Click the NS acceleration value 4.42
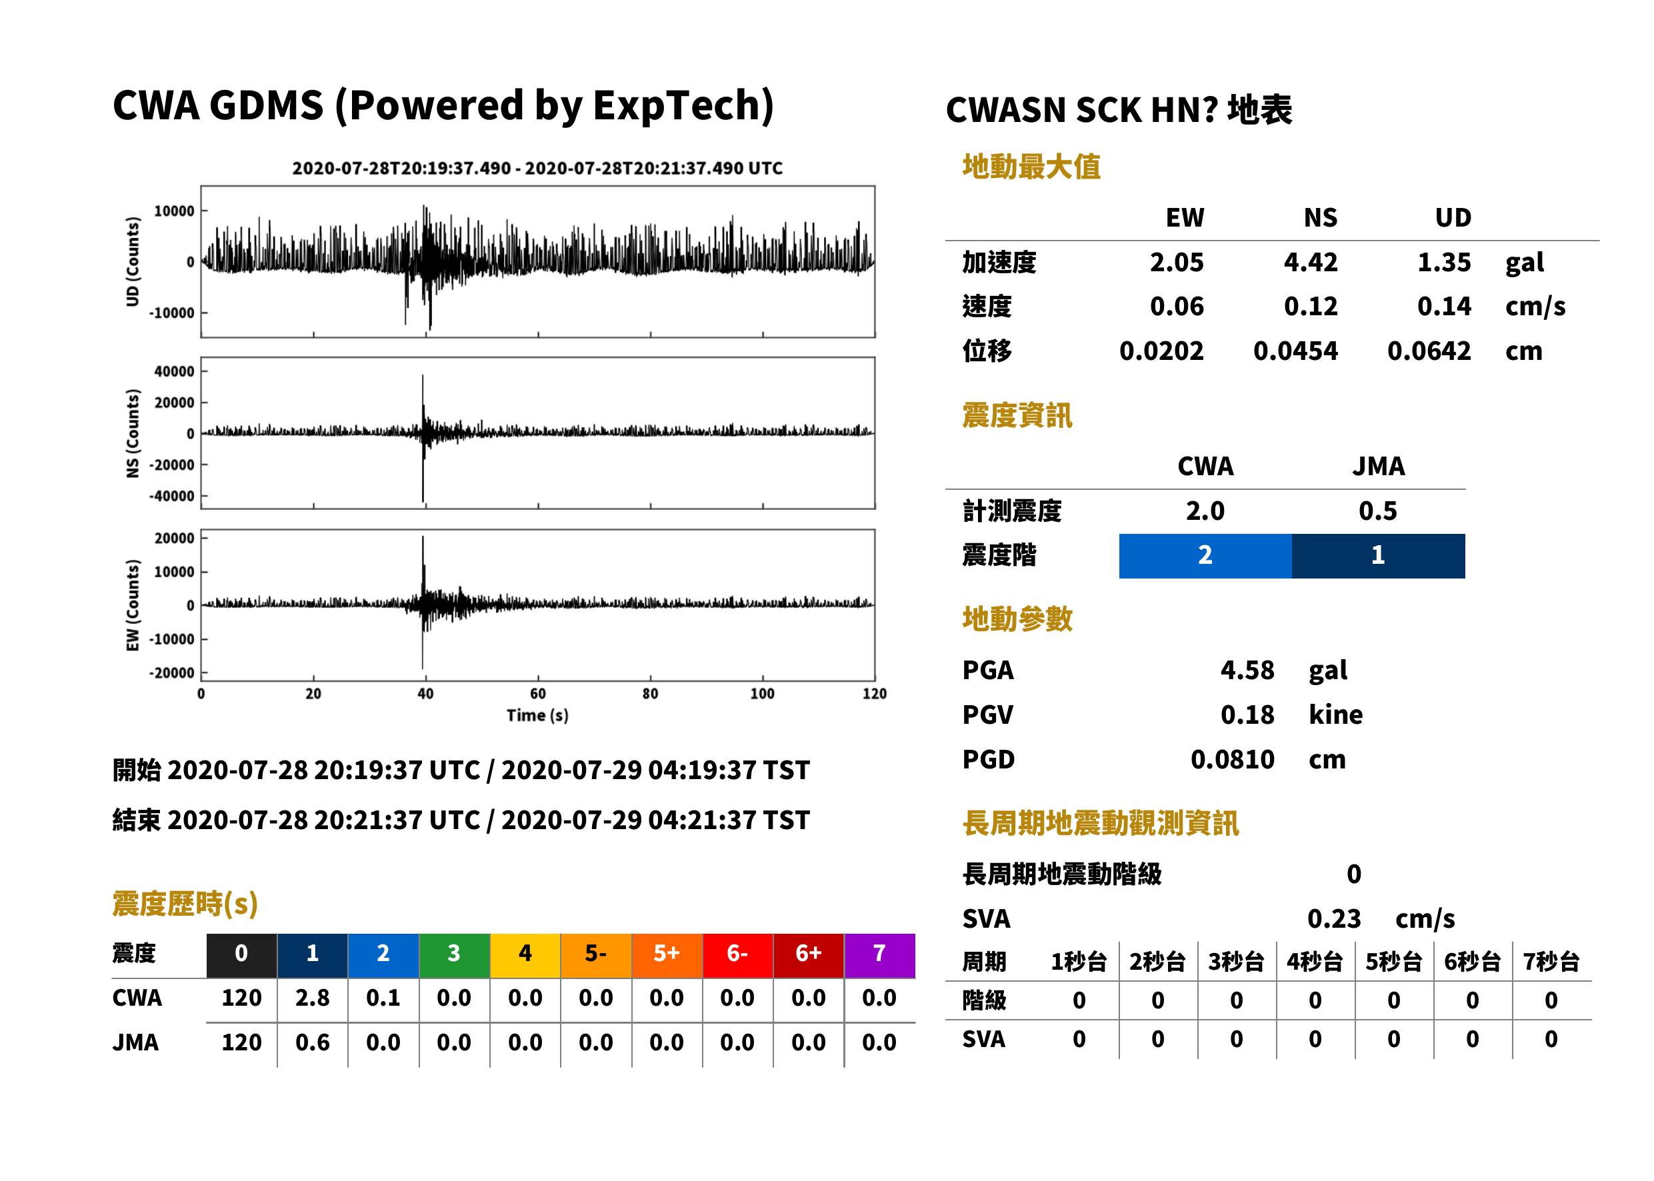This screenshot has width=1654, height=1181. (x=1310, y=262)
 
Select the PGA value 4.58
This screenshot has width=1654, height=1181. (x=1247, y=670)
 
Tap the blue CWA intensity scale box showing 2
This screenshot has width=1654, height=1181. (x=1205, y=556)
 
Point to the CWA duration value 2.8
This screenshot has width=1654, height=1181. (x=313, y=998)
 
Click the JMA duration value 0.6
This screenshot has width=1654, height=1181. (x=313, y=1042)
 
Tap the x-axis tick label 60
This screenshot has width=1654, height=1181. (x=537, y=694)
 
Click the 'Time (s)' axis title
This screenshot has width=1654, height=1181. (x=537, y=716)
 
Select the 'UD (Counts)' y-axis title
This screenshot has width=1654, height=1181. (x=133, y=262)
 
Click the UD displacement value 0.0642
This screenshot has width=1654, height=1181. (x=1429, y=351)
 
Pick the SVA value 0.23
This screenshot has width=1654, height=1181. (x=1334, y=918)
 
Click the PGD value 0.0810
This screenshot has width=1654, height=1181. (x=1232, y=759)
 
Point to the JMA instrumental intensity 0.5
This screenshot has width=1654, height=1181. (x=1377, y=511)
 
